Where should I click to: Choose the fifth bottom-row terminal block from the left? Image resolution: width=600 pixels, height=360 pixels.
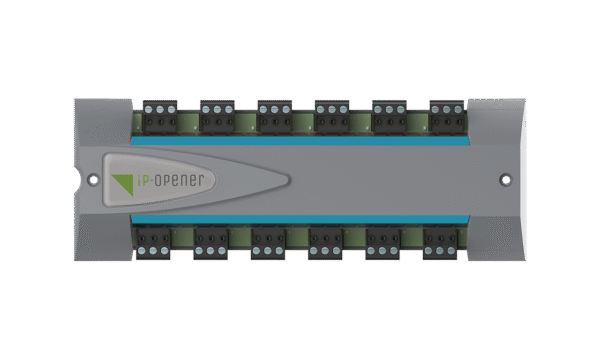[383, 241]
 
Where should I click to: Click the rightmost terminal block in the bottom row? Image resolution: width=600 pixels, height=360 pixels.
[440, 241]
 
